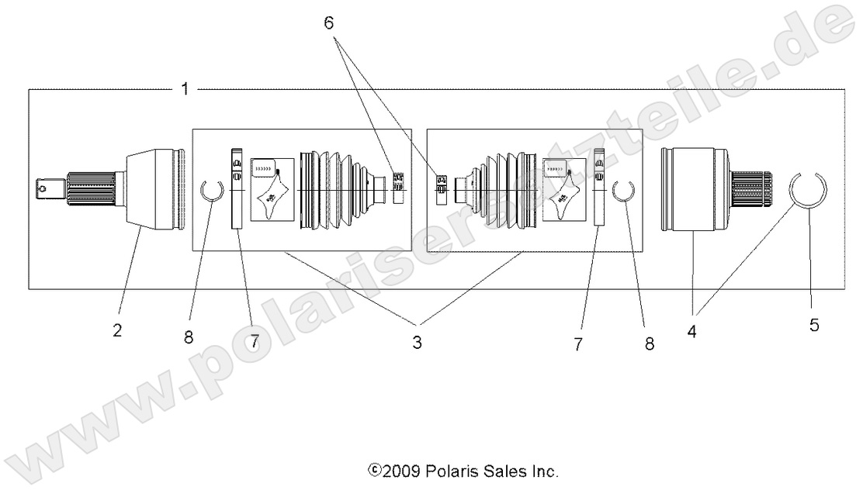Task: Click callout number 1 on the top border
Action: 184,89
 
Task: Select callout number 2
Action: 117,330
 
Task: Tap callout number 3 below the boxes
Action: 417,342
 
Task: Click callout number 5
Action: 814,326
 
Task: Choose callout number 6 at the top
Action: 329,22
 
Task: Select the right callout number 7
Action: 577,343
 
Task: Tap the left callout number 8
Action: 189,338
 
